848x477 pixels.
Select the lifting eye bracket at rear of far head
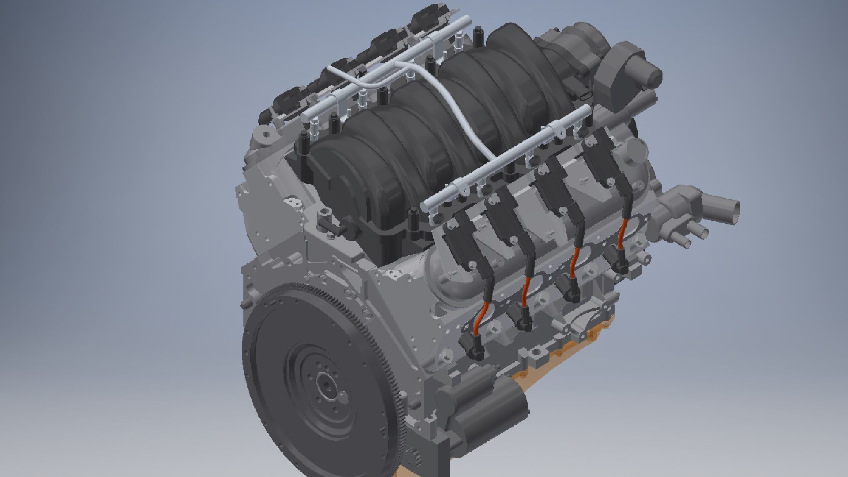click(265, 135)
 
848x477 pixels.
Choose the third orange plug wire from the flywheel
click(574, 261)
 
